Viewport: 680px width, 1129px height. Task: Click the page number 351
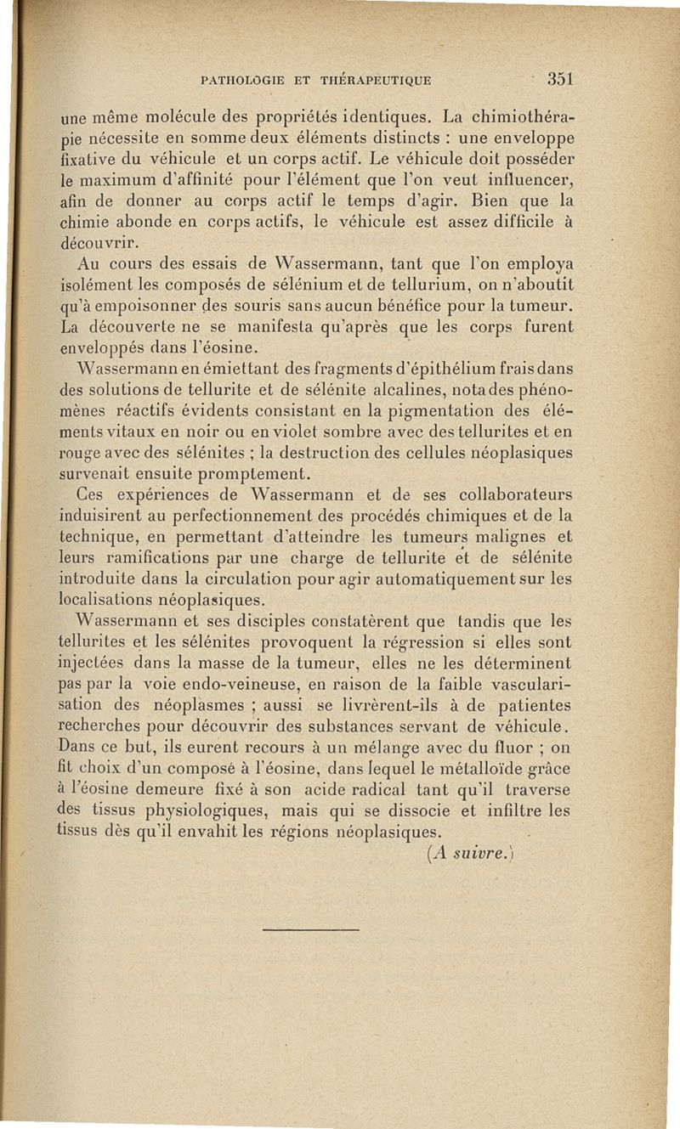coord(562,78)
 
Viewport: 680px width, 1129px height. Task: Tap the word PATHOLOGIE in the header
coord(241,82)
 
